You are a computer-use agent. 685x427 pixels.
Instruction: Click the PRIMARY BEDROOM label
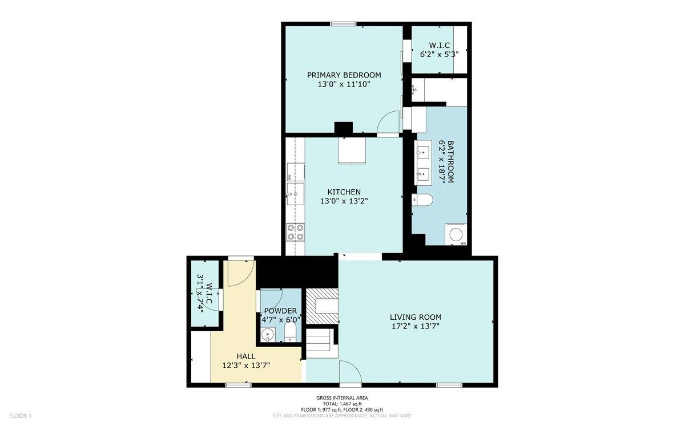[344, 75]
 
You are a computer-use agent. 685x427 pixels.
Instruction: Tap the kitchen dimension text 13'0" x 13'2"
[344, 201]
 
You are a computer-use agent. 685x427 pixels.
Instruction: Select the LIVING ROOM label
[416, 317]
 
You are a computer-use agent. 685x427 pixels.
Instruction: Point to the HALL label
[246, 356]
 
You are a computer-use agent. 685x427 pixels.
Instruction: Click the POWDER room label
[280, 311]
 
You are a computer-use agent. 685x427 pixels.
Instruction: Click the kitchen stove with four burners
[296, 232]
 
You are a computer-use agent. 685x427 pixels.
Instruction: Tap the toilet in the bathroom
[422, 200]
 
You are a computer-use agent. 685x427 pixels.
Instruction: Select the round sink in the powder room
[268, 335]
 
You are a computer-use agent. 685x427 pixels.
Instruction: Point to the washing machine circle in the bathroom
[456, 234]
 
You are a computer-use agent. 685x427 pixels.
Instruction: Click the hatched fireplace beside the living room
[322, 306]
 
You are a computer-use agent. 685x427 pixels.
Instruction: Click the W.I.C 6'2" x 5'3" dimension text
[440, 54]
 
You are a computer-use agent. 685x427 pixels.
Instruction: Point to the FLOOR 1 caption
[20, 416]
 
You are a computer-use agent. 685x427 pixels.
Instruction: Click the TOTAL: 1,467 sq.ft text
[342, 404]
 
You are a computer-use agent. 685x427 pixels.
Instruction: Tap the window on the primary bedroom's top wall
[343, 24]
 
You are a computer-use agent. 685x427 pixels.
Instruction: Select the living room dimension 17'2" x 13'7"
[416, 326]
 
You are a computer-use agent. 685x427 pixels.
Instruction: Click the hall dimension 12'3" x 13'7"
[246, 365]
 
